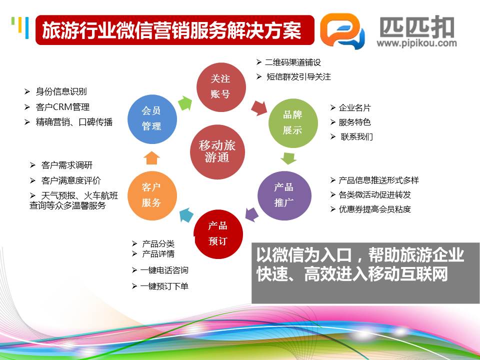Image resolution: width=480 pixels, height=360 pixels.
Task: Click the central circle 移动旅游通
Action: coord(217,152)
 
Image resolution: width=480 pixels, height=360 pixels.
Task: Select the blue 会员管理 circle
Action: coord(152,119)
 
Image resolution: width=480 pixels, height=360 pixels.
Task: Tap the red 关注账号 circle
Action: coord(221,87)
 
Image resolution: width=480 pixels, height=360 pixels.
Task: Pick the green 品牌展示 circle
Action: coord(293,123)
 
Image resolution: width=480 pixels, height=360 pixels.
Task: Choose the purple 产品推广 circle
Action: coord(284,195)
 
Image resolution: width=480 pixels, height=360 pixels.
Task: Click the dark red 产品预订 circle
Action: coord(218,234)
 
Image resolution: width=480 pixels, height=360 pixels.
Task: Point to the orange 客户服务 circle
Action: coord(152,195)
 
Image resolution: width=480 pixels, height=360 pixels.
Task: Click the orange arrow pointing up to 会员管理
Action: coord(152,158)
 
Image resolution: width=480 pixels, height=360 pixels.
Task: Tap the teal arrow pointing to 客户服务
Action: coord(186,214)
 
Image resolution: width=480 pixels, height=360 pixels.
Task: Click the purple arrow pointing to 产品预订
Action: coord(252,213)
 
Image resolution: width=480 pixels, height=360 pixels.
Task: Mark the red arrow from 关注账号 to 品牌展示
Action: coord(259,108)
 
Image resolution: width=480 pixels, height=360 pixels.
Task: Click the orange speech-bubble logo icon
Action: coord(342,30)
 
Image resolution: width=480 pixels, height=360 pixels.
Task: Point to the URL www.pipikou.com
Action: coord(416,43)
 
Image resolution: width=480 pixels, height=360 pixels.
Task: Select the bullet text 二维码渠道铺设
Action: coord(293,62)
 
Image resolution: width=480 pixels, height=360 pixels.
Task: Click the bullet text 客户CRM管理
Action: coord(62,107)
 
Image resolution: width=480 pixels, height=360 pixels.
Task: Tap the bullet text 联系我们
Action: coord(356,136)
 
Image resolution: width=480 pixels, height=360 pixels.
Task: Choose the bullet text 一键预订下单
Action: coord(164,286)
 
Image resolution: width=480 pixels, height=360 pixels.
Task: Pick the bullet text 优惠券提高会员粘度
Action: coord(374,209)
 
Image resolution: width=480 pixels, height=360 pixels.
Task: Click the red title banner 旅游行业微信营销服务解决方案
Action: coord(175,30)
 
